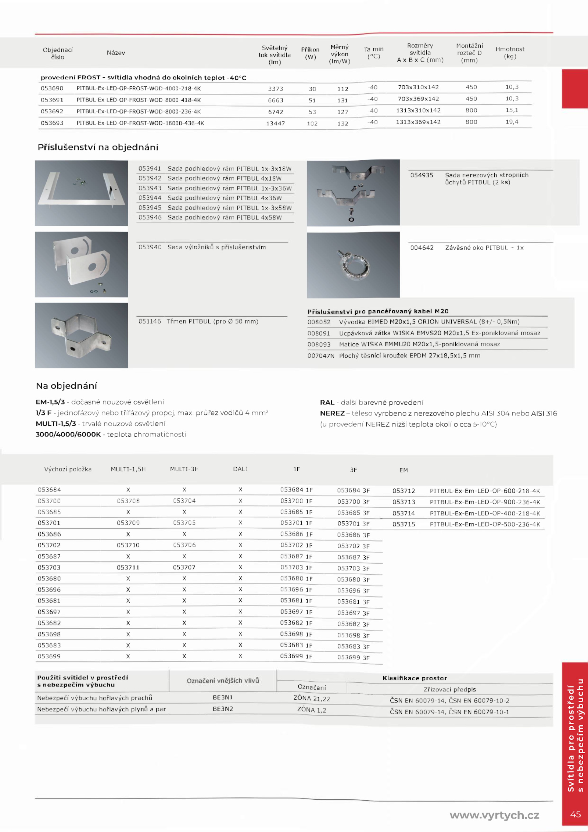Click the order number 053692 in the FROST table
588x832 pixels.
click(52, 111)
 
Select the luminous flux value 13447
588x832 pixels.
click(275, 124)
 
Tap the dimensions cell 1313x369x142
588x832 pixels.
click(418, 122)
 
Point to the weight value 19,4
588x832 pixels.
click(512, 122)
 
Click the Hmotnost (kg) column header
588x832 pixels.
click(510, 53)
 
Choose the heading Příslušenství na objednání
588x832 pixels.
click(98, 147)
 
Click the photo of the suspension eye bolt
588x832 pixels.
click(353, 265)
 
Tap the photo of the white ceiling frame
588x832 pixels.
click(81, 193)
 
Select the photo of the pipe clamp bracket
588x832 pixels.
click(81, 335)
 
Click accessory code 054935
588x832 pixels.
click(422, 175)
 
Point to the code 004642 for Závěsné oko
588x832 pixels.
click(422, 248)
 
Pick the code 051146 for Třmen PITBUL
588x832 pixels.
click(150, 321)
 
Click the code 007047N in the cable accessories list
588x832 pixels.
click(321, 356)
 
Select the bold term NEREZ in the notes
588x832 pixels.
click(332, 413)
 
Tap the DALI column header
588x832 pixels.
click(240, 469)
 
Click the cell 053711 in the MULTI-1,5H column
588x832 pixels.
click(128, 568)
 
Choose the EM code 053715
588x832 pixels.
click(404, 524)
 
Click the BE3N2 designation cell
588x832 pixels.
click(223, 709)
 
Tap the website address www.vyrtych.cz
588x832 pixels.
click(494, 815)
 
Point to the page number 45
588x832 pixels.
click(575, 814)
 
